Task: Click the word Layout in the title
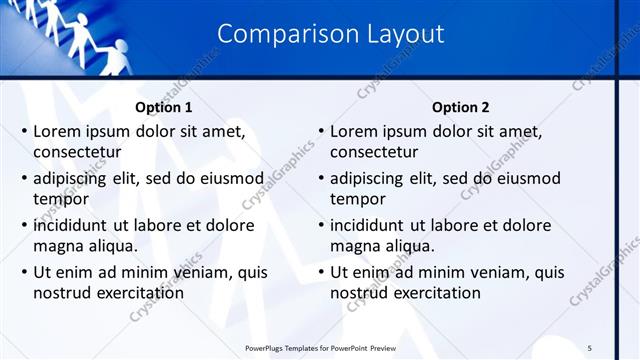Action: pos(395,34)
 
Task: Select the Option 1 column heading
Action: pos(163,107)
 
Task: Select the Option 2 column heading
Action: pos(459,107)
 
